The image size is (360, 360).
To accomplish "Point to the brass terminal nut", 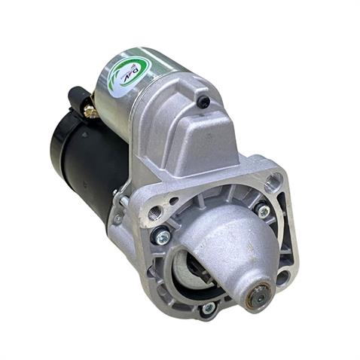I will (x=90, y=111).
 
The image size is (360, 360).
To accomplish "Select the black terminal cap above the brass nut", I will (x=77, y=96).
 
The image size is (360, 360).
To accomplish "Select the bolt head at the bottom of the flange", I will (x=208, y=307).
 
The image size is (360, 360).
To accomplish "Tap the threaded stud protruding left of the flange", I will (x=118, y=218).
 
